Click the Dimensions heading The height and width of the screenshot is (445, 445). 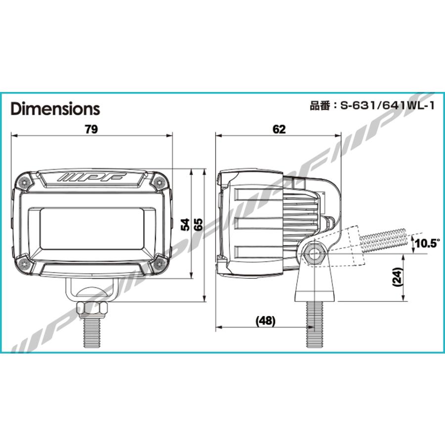pos(55,108)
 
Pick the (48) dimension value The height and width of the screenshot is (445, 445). pos(265,320)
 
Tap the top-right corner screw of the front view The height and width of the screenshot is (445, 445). pos(159,182)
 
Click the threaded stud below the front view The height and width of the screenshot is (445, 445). pos(91,334)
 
